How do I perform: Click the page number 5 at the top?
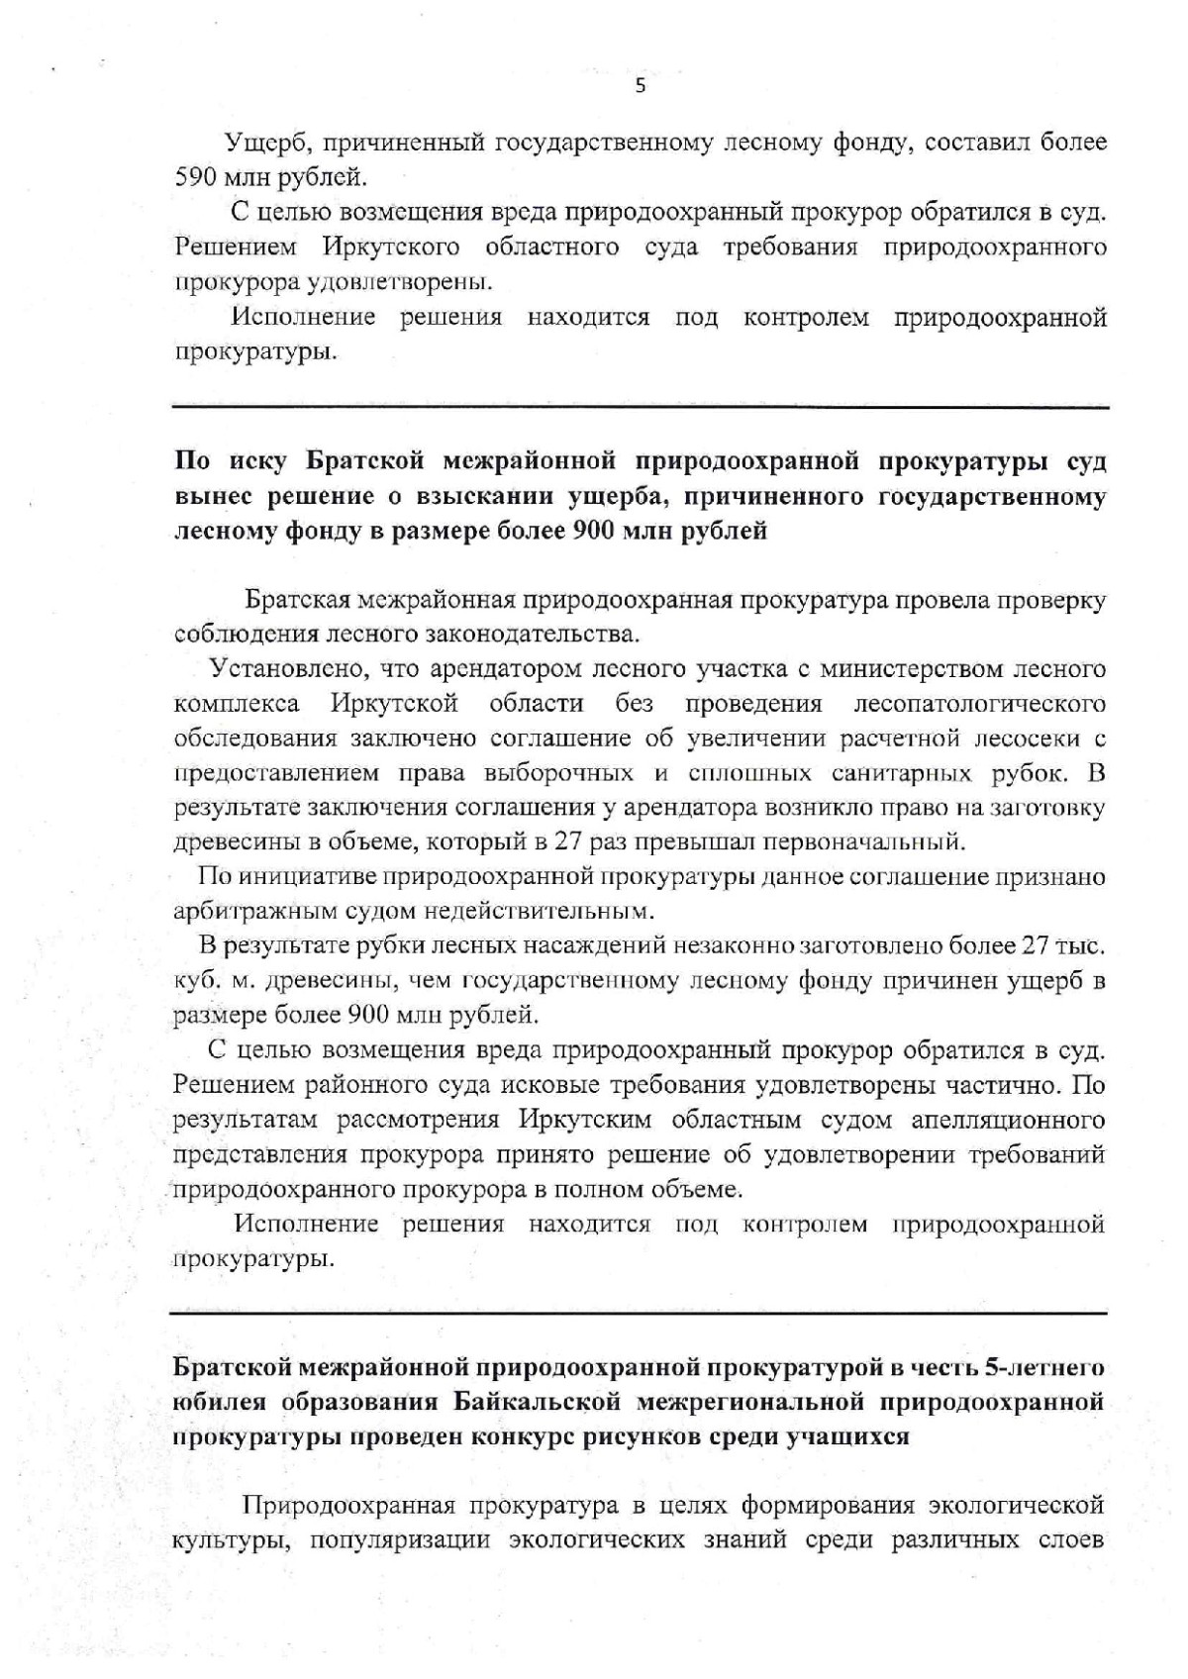(x=640, y=86)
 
